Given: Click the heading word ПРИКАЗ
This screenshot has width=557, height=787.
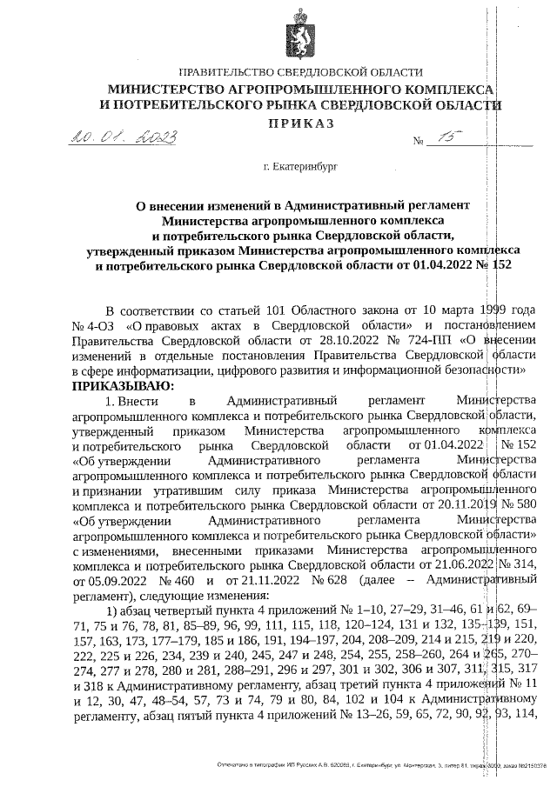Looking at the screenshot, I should click(300, 123).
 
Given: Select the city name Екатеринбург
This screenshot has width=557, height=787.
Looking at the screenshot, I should click(305, 164).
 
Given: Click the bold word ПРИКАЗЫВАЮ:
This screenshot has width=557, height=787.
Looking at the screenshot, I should click(123, 385).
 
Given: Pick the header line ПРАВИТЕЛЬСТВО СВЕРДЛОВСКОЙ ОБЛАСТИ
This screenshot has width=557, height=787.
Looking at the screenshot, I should click(300, 74).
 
